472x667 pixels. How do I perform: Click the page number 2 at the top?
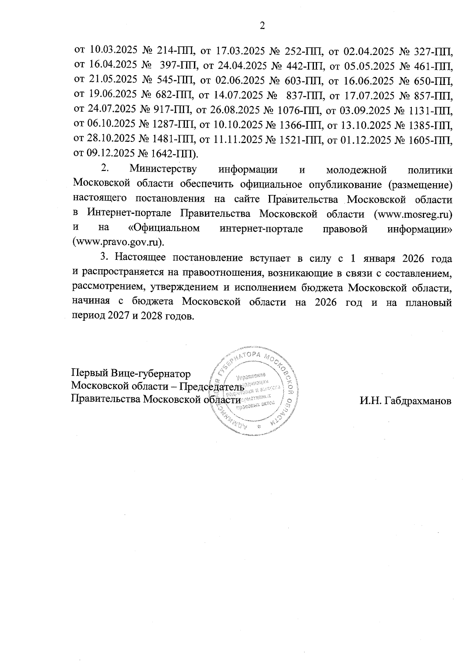[x=262, y=26]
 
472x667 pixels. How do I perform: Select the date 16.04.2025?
[x=111, y=64]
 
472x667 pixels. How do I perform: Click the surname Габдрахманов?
[x=405, y=401]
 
